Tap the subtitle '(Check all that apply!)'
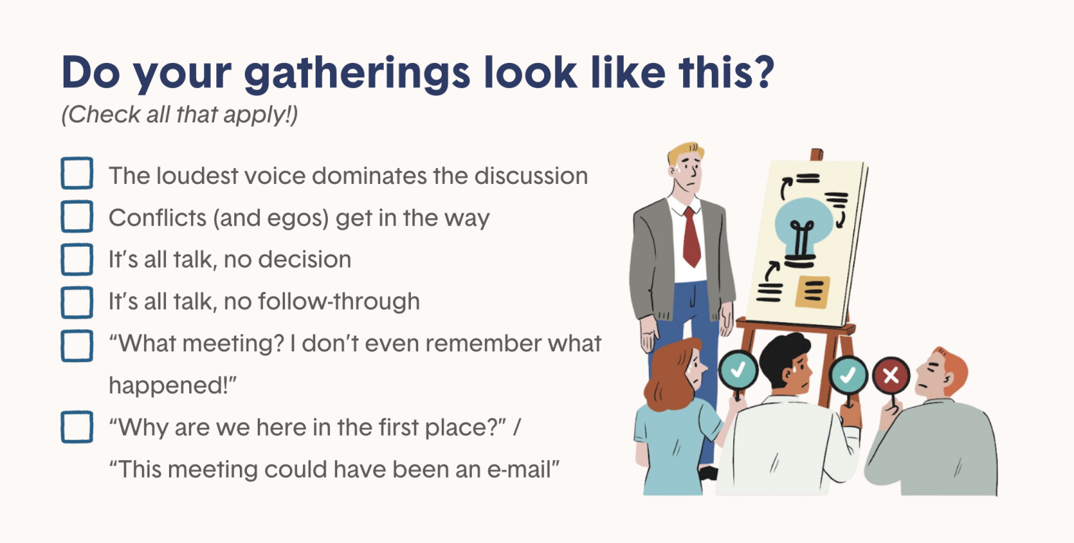pyautogui.click(x=180, y=114)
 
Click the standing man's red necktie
pyautogui.click(x=692, y=237)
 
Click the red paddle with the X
pyautogui.click(x=891, y=375)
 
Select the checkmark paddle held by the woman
pyautogui.click(x=738, y=370)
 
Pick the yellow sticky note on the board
pyautogui.click(x=812, y=291)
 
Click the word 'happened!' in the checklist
pyautogui.click(x=173, y=386)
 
